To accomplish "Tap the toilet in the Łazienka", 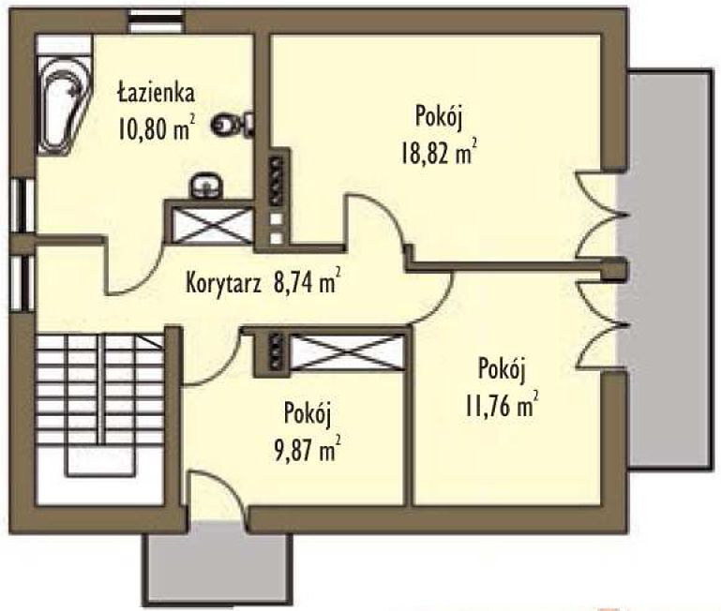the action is point(233,123).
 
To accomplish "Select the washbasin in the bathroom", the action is point(207,186).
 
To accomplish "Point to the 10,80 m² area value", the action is point(157,127).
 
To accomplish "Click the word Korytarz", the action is point(223,283).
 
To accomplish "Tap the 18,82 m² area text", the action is point(438,152).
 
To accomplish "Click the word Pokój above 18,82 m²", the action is point(438,117).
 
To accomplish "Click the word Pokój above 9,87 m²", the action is point(308,414).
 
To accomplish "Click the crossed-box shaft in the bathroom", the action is point(212,225).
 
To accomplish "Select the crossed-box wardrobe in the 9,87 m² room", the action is point(348,352).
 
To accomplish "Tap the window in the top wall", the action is point(156,22).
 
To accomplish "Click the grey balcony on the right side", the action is point(669,269).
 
